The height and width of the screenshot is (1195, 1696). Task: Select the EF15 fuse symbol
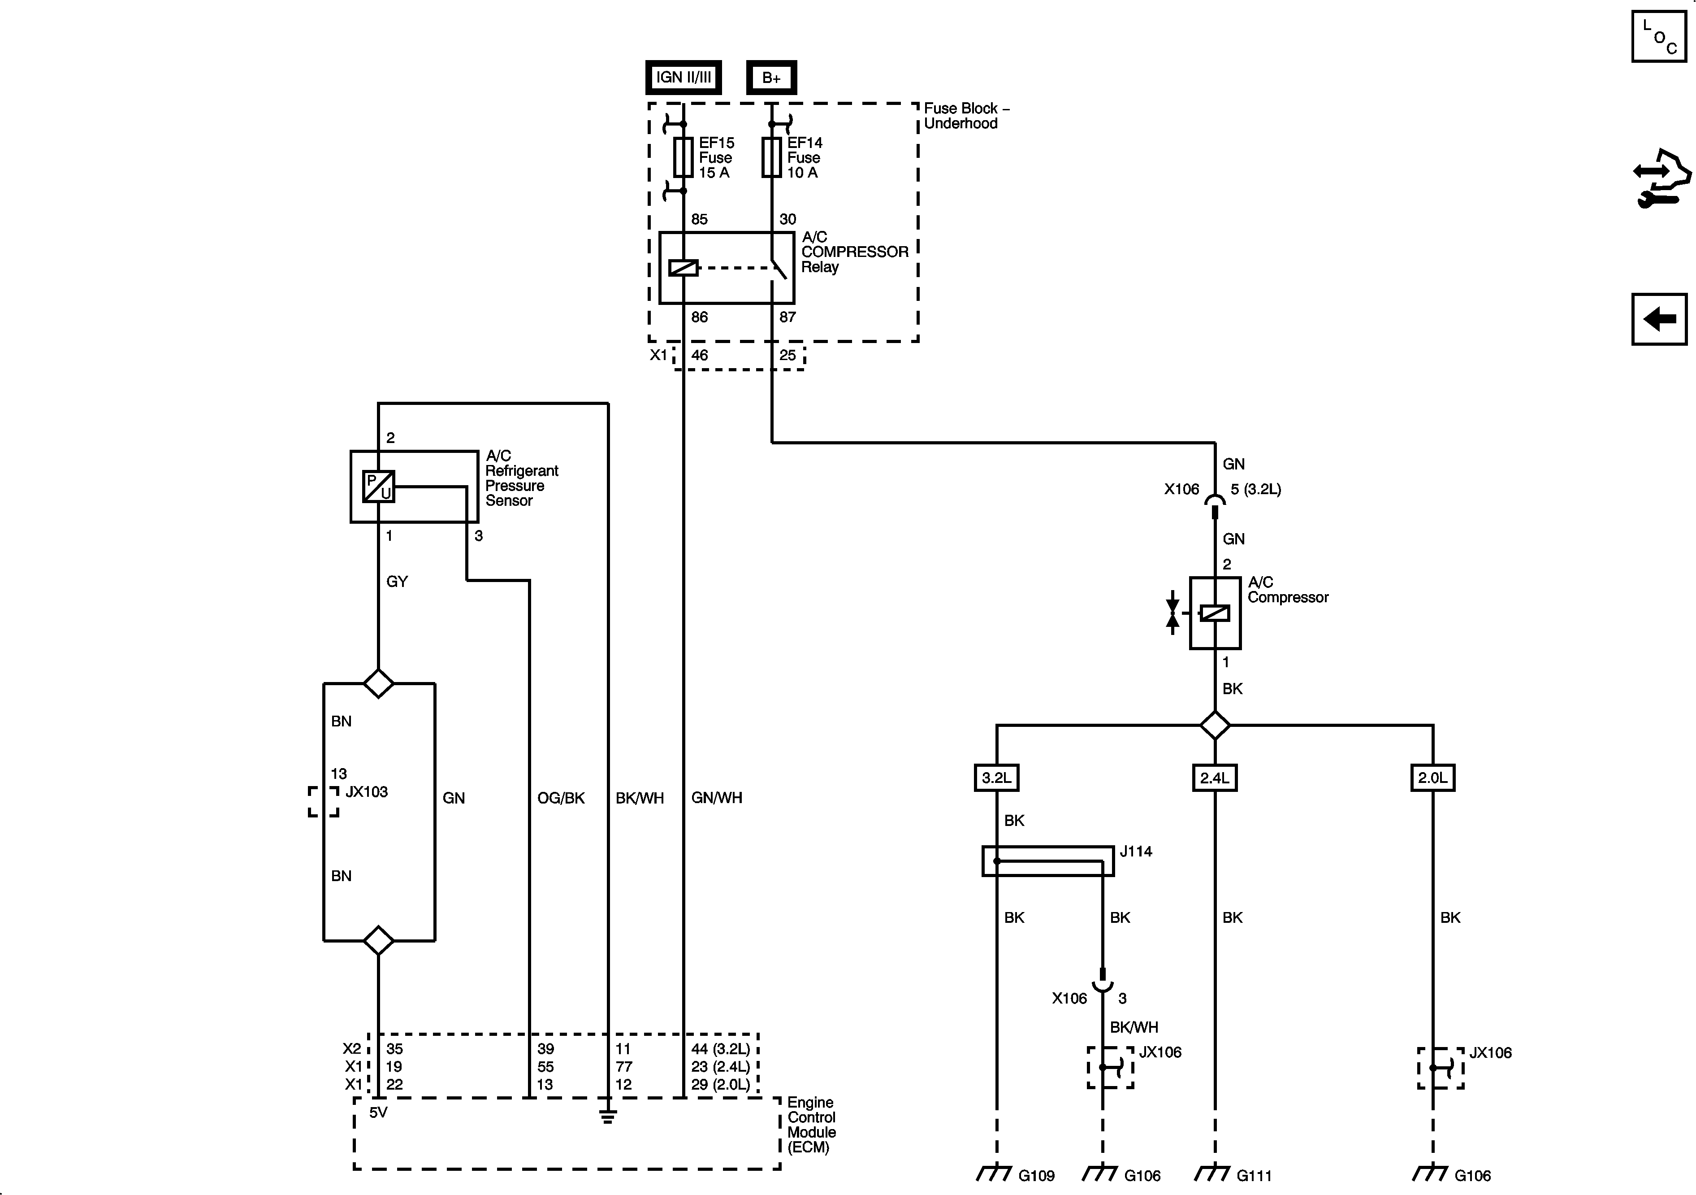click(x=683, y=157)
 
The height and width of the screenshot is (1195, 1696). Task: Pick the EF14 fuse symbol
click(x=771, y=157)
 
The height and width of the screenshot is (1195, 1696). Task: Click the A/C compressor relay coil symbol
click(x=683, y=268)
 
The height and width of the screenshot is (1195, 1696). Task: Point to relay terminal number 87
click(x=787, y=317)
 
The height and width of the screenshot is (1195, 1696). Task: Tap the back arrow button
click(x=1659, y=319)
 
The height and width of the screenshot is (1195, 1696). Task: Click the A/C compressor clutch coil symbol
click(x=1215, y=613)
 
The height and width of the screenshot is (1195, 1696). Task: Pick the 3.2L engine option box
click(x=996, y=778)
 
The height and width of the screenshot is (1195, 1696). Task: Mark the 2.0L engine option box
click(x=1433, y=778)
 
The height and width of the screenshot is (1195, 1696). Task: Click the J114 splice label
click(x=1135, y=852)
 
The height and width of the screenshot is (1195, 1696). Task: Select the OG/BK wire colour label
click(x=561, y=798)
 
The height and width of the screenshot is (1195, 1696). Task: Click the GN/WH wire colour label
click(x=717, y=798)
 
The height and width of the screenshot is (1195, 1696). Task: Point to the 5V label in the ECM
click(x=378, y=1112)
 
